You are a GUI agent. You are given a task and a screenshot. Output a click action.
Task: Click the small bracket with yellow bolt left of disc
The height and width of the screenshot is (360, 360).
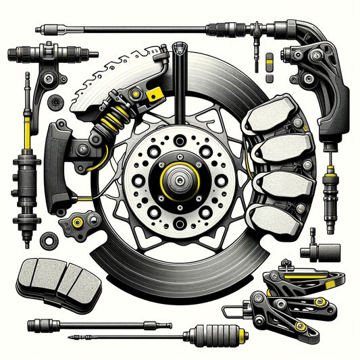click(x=76, y=222)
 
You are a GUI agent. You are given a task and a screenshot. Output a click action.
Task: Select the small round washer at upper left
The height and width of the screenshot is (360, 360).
click(x=53, y=101)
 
